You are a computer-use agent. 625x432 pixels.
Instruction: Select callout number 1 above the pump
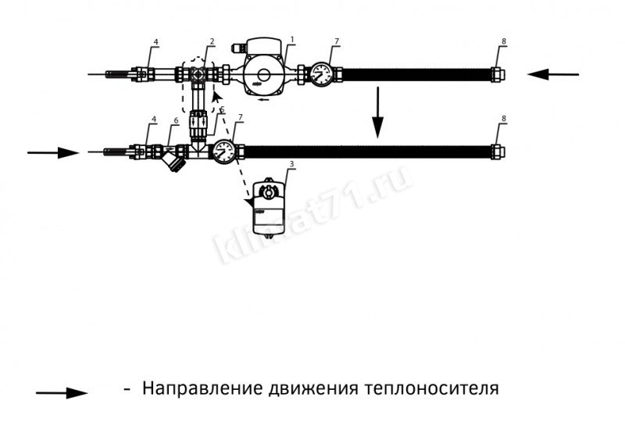292,40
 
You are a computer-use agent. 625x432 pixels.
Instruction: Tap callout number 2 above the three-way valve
212,41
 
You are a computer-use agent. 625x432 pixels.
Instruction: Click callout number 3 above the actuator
291,164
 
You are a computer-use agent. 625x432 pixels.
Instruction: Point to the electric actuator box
269,209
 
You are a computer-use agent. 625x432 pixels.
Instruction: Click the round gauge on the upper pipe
321,74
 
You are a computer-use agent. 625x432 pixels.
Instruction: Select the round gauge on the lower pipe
224,152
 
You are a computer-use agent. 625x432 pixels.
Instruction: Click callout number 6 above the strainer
176,121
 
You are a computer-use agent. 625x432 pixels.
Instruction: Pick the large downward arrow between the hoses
377,112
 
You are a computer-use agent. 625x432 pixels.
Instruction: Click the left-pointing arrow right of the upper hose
553,74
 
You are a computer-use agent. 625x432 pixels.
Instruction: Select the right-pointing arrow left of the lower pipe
53,152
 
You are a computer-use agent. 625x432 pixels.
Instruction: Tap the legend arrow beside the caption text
62,393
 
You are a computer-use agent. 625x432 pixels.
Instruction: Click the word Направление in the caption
203,387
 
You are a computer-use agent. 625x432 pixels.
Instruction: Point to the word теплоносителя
431,387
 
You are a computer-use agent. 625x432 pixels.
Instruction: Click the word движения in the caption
313,388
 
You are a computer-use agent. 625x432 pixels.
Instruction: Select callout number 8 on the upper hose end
504,41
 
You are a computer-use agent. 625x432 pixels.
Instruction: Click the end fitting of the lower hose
498,152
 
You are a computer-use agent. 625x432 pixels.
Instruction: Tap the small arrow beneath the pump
263,99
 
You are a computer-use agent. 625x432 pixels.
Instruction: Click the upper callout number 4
155,41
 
